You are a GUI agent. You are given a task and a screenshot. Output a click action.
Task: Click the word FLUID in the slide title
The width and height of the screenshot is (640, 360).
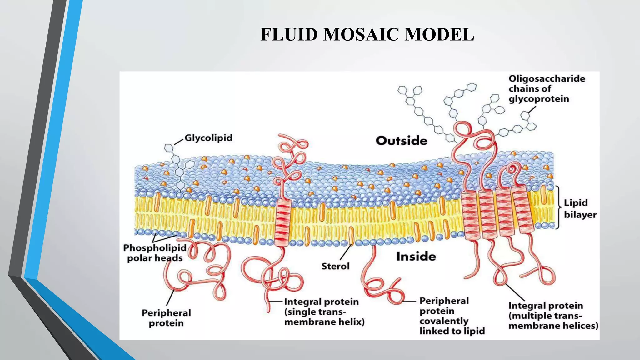pos(289,34)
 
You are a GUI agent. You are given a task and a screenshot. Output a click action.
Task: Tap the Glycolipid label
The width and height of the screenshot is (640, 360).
pos(208,138)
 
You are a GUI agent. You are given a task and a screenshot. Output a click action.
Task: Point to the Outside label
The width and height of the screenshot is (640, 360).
pos(402,141)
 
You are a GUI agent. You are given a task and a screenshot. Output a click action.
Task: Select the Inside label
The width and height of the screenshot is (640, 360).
pos(416,257)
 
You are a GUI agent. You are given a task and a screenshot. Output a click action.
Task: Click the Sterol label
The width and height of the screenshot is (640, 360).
pos(336,266)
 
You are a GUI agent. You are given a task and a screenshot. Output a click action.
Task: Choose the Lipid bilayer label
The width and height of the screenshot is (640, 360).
pos(580,209)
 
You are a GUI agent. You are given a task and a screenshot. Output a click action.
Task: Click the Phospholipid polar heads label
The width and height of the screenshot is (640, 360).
pos(155,253)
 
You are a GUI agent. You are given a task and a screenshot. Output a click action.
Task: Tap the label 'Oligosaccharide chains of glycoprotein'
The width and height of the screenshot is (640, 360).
pos(547,89)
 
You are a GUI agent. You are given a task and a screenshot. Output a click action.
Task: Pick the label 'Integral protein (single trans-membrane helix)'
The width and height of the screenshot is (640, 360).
pos(324,312)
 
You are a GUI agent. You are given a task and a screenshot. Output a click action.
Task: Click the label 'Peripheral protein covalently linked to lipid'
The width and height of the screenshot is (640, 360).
pos(452,316)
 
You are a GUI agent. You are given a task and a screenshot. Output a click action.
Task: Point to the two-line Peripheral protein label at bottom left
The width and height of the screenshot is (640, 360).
pos(166,318)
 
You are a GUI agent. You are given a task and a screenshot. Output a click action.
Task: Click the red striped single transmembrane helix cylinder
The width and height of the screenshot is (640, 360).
pos(283,222)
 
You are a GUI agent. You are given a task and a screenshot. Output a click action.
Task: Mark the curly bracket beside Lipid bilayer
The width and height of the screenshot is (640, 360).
pos(558,207)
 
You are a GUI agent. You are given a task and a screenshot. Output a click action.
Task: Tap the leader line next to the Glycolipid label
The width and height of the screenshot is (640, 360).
pos(179,141)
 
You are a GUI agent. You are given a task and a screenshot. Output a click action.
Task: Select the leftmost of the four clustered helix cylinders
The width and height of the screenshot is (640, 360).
pos(471,216)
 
